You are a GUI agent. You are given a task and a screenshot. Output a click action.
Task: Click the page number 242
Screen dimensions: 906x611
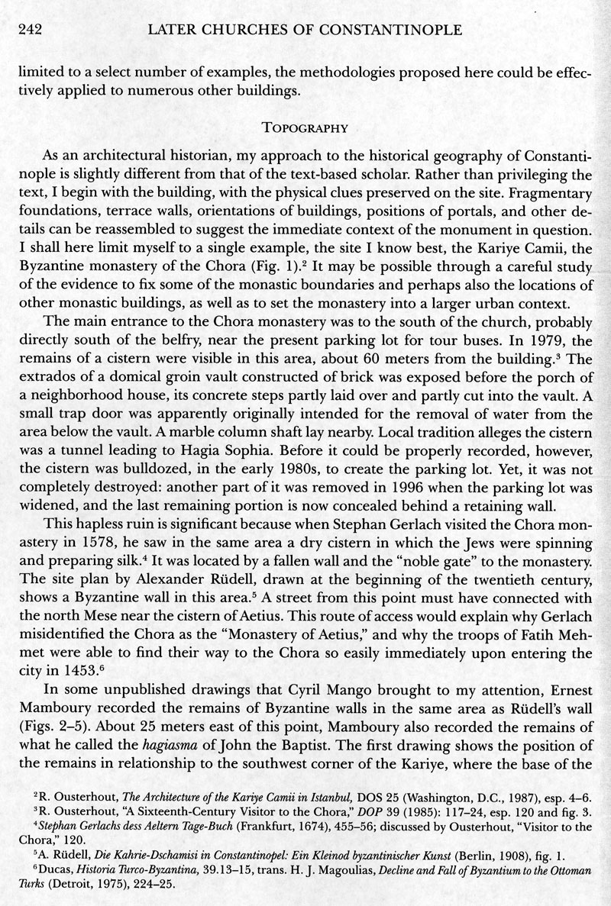(29, 31)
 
